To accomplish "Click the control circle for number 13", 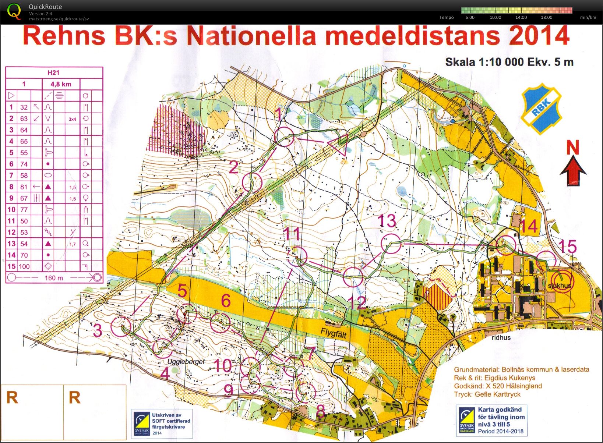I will (x=391, y=243).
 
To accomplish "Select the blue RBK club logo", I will (x=541, y=109).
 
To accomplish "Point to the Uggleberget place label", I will (x=186, y=362).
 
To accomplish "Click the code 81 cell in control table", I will (x=24, y=187).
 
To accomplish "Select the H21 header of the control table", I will (x=54, y=72).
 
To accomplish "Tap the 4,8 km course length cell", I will (x=61, y=84).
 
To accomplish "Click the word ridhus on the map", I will (x=501, y=337).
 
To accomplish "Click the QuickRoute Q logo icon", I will (x=14, y=11).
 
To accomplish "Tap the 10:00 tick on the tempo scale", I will (x=495, y=17).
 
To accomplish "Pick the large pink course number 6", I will (x=226, y=301).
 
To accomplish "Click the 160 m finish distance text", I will (x=54, y=278).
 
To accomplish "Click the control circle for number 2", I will (x=252, y=182).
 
